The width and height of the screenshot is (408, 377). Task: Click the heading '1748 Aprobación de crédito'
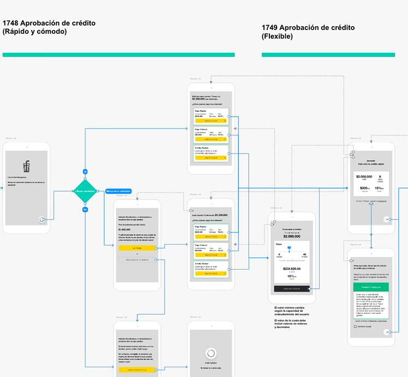[x=49, y=23]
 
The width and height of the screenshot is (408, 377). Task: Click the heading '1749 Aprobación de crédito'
[x=308, y=27]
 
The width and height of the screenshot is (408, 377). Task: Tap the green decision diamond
[x=85, y=191]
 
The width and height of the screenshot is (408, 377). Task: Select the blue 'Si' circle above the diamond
[x=85, y=171]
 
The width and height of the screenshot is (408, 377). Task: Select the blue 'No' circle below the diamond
[x=85, y=209]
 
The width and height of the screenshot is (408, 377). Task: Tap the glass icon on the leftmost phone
[x=26, y=167]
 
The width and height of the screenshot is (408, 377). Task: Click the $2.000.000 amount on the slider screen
[x=292, y=236]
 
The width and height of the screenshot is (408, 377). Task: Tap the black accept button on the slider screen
[x=292, y=289]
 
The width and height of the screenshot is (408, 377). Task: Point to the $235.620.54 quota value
[x=292, y=269]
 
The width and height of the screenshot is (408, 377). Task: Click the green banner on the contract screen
[x=370, y=287]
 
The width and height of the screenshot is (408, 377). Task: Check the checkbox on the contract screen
[x=355, y=327]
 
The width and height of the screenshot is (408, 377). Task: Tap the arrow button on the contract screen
[x=386, y=332]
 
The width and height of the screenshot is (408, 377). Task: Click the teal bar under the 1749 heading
[x=328, y=55]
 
